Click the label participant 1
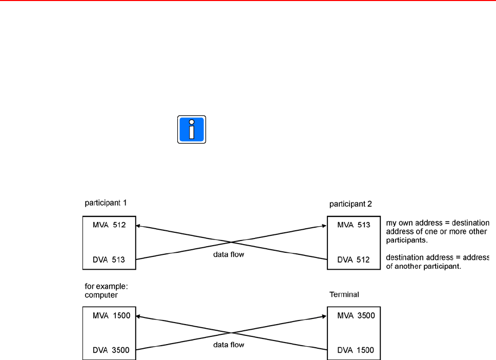[105, 203]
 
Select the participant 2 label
[350, 204]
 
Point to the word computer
[100, 295]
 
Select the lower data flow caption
[229, 345]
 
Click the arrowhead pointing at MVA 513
[324, 225]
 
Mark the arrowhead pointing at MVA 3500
[324, 315]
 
